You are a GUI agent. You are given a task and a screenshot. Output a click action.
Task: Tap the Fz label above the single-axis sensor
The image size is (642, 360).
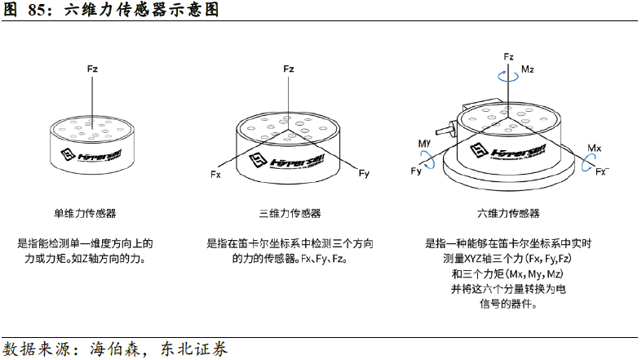pos(92,70)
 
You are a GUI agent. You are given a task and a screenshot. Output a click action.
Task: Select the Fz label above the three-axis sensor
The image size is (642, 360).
pos(288,69)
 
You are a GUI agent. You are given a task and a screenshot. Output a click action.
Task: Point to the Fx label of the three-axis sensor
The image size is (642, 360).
pos(215,175)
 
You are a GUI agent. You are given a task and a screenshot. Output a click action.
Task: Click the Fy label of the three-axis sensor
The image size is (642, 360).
pos(364,174)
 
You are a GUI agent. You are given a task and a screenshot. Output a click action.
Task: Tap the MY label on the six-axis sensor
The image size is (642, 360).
pos(424,144)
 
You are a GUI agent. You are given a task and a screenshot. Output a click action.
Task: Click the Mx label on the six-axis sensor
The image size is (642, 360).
pos(595,149)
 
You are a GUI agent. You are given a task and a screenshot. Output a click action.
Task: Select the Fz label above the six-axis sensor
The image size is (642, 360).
pos(508,57)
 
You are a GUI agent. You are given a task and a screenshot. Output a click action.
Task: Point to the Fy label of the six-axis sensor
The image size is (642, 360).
pos(416,171)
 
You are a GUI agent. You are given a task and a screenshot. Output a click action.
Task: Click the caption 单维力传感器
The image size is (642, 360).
pos(85,214)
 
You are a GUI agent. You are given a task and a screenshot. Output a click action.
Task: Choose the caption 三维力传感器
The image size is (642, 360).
pos(290,214)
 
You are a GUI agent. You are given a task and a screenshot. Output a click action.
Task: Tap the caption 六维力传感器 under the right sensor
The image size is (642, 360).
pos(508,214)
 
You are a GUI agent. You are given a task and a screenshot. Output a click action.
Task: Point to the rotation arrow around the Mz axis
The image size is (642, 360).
pos(509,75)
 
